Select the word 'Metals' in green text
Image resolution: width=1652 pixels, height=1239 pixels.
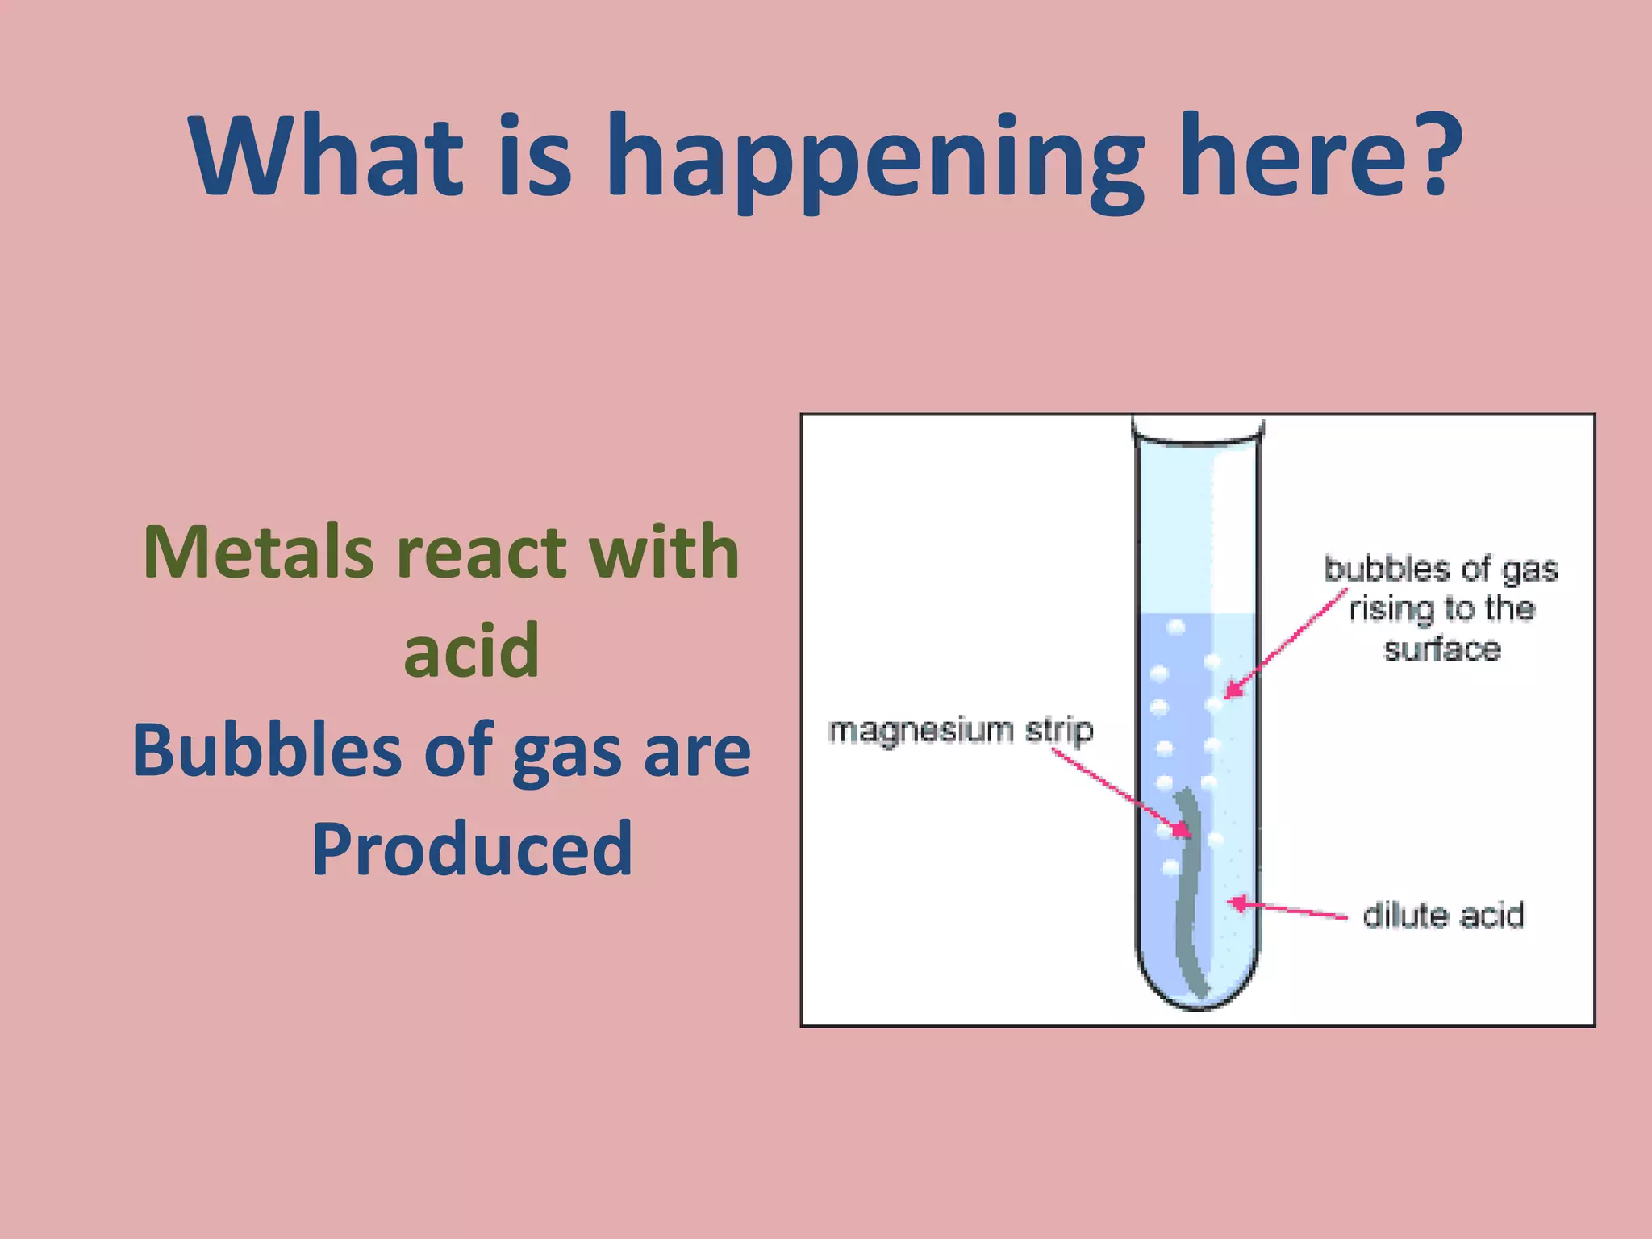click(258, 553)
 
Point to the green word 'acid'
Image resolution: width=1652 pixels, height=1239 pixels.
click(471, 650)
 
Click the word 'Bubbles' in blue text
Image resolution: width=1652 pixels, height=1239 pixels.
click(267, 749)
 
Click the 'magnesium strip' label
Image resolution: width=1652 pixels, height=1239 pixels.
click(960, 730)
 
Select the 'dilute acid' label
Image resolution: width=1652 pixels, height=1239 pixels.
click(1443, 916)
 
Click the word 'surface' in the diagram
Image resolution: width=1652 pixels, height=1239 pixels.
click(1442, 649)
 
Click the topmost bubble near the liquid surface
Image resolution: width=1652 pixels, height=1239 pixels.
click(1176, 626)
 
